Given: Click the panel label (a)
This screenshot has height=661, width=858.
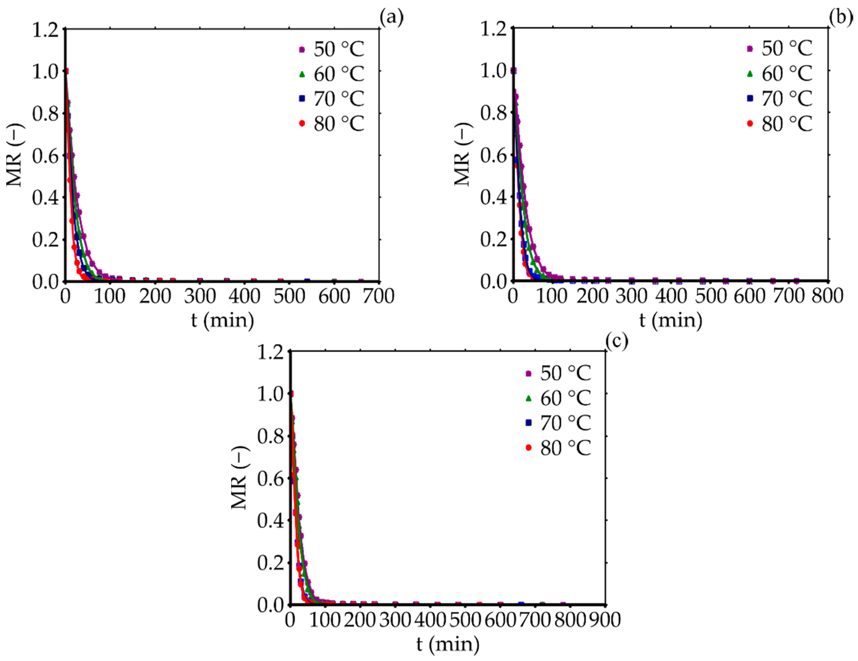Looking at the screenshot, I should [x=391, y=17].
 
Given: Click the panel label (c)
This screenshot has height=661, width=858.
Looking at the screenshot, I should [x=616, y=341].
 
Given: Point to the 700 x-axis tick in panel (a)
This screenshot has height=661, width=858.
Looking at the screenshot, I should [x=378, y=296].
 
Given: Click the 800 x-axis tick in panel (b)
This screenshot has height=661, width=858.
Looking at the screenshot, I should [x=827, y=296].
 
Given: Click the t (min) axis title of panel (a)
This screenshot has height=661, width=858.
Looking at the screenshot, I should [x=222, y=320].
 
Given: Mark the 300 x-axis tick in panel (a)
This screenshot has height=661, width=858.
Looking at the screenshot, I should [x=200, y=296].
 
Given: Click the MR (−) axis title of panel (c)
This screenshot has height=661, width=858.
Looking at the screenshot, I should [x=239, y=478].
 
